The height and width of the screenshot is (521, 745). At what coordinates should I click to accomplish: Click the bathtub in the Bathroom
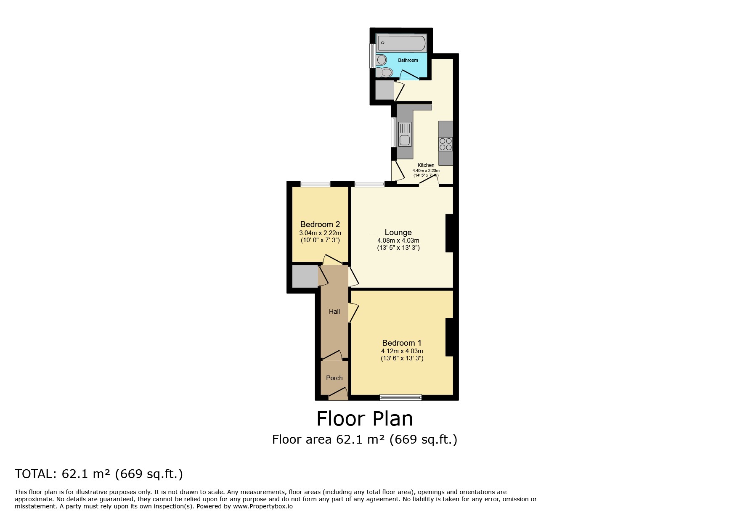(x=401, y=42)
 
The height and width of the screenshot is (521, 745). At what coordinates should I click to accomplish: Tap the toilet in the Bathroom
(x=385, y=73)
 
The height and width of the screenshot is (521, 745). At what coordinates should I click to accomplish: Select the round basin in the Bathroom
(x=382, y=60)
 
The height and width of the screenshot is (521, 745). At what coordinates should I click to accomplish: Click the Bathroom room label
(x=408, y=60)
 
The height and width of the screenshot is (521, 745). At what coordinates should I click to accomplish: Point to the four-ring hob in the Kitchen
(x=446, y=144)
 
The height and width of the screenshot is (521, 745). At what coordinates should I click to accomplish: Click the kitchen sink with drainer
(x=405, y=134)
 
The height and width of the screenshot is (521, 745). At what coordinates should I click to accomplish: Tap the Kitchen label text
(x=426, y=165)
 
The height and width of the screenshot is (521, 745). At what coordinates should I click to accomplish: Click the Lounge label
(x=398, y=232)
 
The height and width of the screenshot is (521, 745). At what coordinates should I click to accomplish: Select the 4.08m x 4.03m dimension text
(x=398, y=241)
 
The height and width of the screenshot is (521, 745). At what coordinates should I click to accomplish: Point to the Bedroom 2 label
(x=320, y=225)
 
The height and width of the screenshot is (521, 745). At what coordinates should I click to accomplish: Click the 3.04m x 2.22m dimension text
(x=320, y=233)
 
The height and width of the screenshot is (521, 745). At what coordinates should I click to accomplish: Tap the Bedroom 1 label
(x=402, y=343)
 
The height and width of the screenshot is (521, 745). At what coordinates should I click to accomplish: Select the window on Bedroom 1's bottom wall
(x=400, y=397)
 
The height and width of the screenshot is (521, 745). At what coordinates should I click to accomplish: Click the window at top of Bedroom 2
(x=315, y=184)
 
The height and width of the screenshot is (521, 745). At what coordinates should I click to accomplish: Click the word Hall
(x=334, y=312)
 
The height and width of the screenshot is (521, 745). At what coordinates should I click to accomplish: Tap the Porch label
(x=334, y=378)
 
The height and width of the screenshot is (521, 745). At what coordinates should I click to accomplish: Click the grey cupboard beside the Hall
(x=305, y=277)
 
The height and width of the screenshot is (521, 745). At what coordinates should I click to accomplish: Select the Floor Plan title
(x=364, y=419)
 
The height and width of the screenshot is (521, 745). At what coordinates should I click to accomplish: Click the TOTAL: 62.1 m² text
(x=99, y=474)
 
